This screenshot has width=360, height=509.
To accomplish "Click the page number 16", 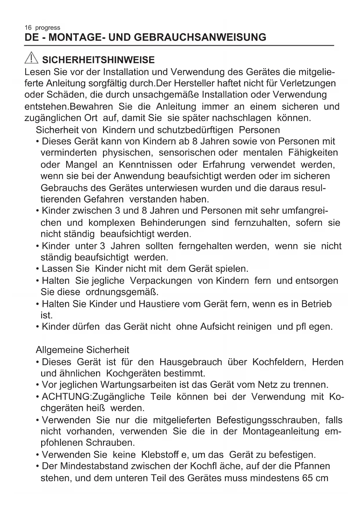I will pos(28,28).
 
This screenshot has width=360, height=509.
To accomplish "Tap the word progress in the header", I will pos(48,28).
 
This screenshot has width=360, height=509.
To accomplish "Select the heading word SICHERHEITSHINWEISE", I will pos(98,60).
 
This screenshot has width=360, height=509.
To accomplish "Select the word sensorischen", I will pos(187,153).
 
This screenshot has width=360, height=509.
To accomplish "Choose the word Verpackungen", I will pos(161,281).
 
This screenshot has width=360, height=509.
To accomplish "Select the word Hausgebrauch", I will pos(191,362).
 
